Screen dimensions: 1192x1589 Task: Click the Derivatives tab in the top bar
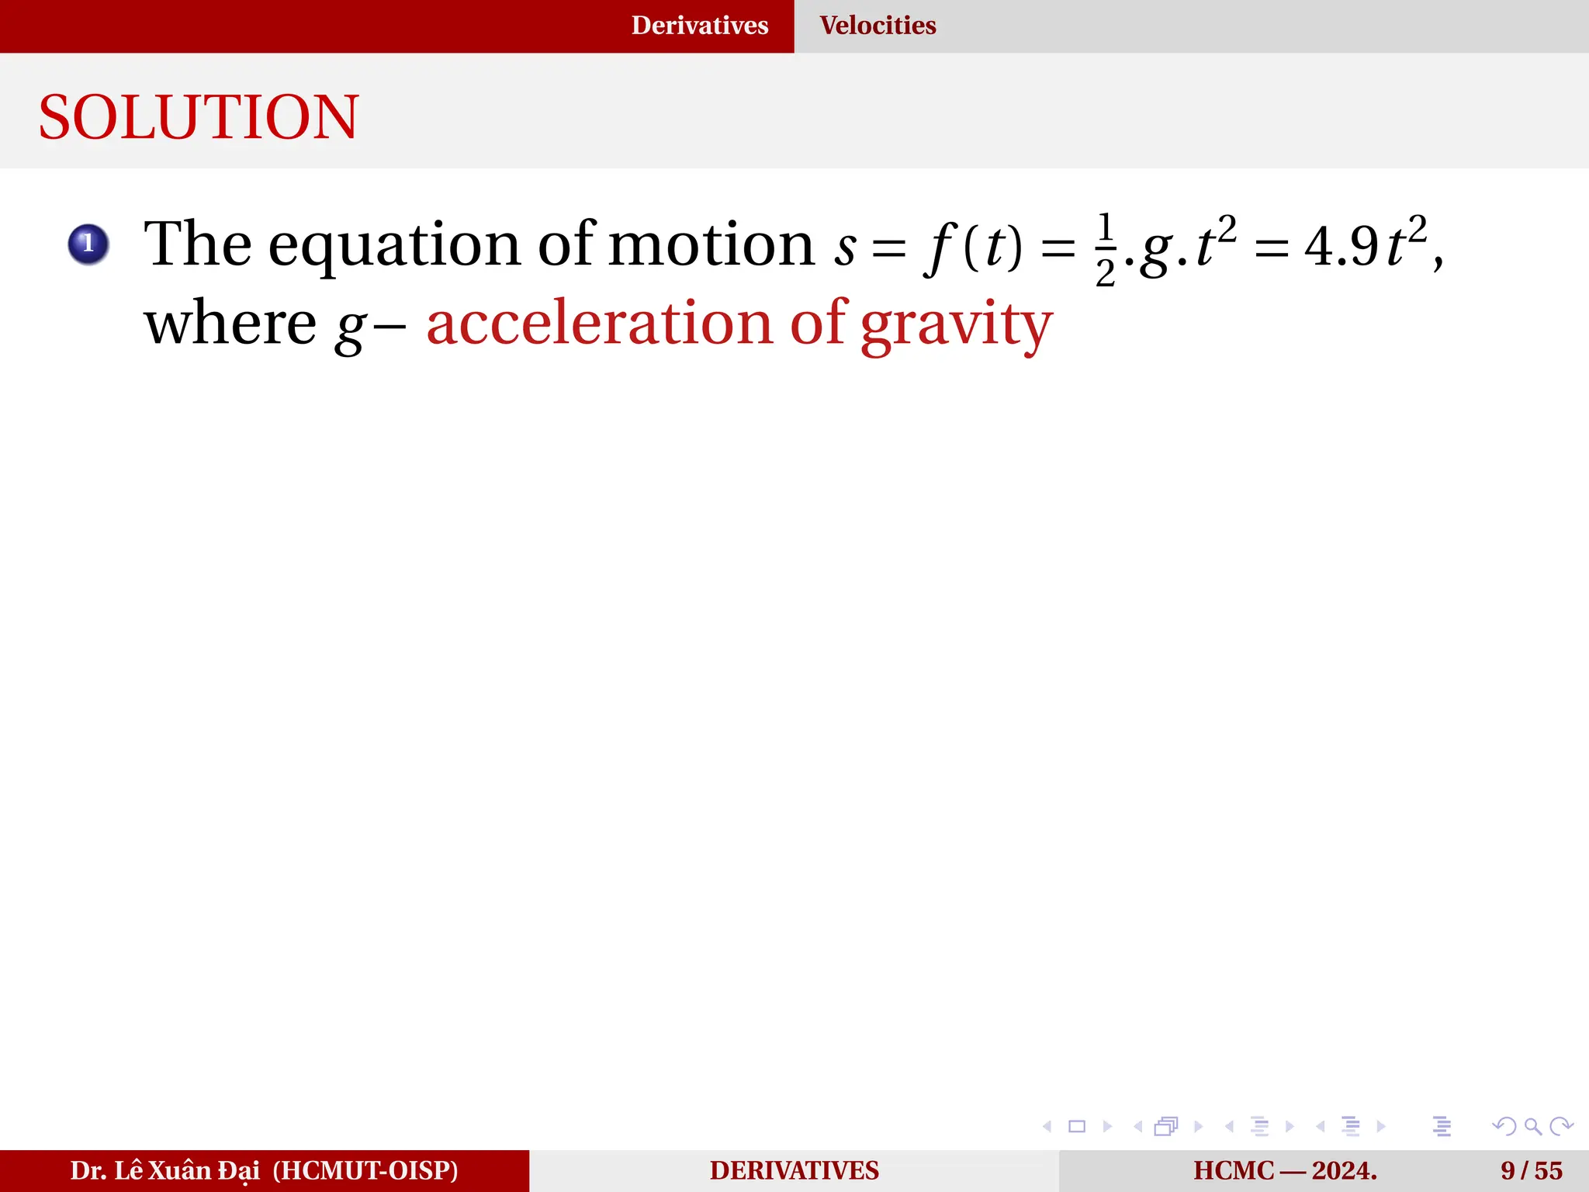tap(699, 26)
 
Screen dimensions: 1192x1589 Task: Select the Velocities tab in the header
tap(878, 26)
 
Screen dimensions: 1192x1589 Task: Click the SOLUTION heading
tap(199, 117)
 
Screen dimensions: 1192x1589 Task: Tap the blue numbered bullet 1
tap(88, 244)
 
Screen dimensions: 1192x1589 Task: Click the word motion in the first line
tap(711, 244)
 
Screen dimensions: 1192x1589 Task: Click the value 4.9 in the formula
tap(1341, 248)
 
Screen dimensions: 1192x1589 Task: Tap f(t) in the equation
tap(974, 248)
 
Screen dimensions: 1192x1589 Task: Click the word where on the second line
tap(230, 324)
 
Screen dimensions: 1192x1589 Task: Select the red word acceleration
tap(599, 324)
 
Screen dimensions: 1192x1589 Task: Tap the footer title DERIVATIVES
tap(794, 1170)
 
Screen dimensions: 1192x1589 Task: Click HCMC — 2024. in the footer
tap(1285, 1170)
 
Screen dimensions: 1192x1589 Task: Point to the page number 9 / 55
tap(1531, 1170)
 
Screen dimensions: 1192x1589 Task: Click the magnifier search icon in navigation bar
tap(1532, 1126)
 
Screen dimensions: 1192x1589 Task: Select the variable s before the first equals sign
tap(845, 249)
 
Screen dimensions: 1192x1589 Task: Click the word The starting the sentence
tap(198, 244)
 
